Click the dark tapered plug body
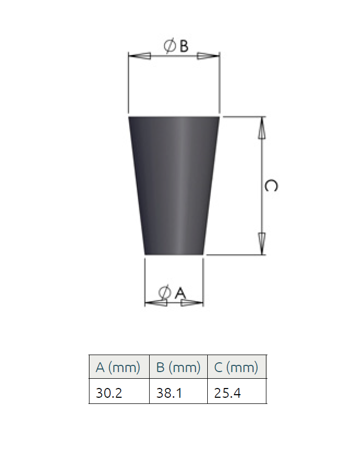pos(174,186)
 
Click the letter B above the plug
pos(184,46)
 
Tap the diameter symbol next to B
pos(170,46)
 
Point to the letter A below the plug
pos(181,292)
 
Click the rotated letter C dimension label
pos(271,186)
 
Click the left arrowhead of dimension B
pos(140,56)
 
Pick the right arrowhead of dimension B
pos(208,56)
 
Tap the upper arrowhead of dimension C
pos(262,128)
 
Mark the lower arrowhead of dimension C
pos(262,244)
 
